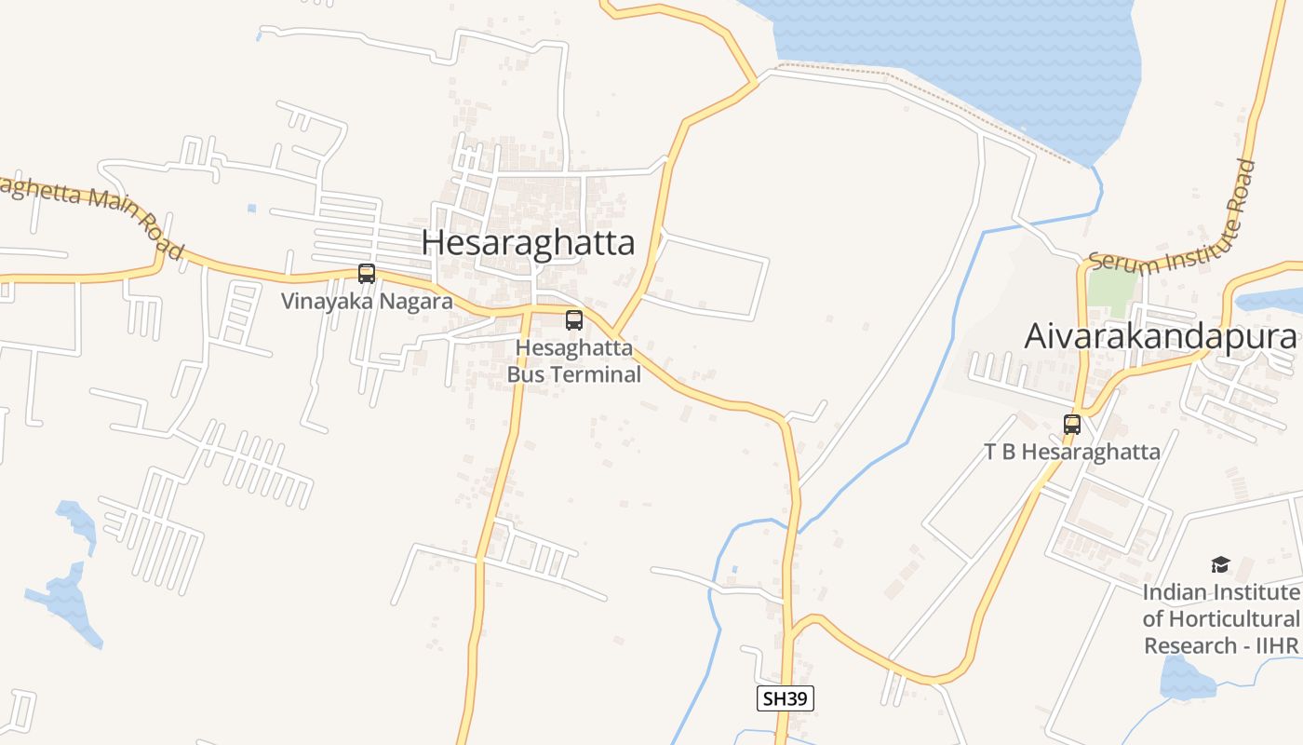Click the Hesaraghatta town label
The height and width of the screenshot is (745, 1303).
click(x=528, y=243)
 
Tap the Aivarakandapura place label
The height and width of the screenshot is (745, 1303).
click(x=1160, y=336)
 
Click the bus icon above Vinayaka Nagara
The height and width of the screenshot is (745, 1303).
click(x=367, y=274)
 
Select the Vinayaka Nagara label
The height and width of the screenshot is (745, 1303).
click(x=367, y=302)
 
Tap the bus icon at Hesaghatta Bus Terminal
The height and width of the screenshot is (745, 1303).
click(x=574, y=320)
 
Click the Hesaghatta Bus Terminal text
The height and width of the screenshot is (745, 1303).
click(x=574, y=361)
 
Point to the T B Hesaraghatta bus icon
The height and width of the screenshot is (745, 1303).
click(x=1072, y=425)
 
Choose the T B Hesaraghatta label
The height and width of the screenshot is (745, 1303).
click(x=1072, y=453)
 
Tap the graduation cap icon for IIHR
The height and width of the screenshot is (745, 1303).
click(x=1220, y=564)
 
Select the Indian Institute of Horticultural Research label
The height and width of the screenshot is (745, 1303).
click(x=1220, y=618)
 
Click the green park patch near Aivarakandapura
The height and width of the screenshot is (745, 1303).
click(x=1112, y=291)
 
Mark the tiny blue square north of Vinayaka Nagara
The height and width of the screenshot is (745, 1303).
click(x=251, y=209)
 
